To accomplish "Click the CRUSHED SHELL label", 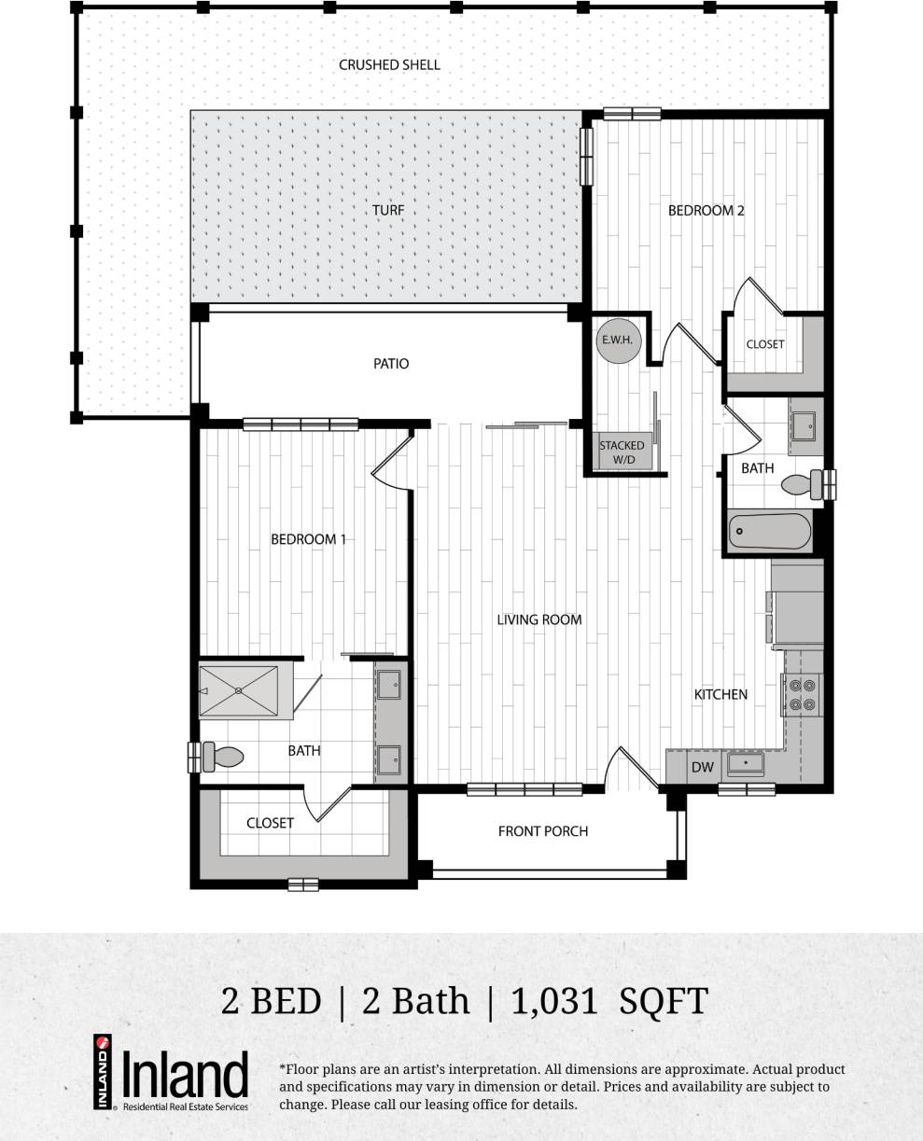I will (389, 65).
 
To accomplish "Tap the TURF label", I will (388, 211).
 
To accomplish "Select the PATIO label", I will (391, 364).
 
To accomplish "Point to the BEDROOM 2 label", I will (706, 211).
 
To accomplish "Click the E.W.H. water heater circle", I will (616, 341).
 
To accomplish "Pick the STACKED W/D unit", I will (622, 452).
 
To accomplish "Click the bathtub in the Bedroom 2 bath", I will (769, 532).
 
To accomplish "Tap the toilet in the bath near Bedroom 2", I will (800, 484).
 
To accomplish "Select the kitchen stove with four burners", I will (803, 694).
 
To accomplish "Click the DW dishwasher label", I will (702, 767).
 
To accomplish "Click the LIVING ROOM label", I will (538, 619).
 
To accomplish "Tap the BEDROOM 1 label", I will (308, 539).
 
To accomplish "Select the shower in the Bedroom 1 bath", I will (239, 691).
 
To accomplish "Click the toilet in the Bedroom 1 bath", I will (222, 757).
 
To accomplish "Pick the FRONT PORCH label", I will (542, 831).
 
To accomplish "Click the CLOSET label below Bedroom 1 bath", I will (270, 823).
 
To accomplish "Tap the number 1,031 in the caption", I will (554, 1001).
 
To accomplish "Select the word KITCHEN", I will (720, 694).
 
